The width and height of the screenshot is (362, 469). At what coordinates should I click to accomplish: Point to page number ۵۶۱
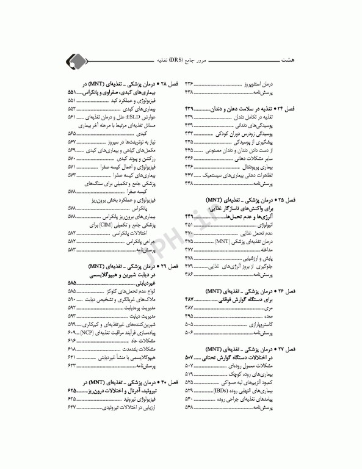coord(71,115)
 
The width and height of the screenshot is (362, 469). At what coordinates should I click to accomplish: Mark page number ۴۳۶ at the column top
coord(189,82)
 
